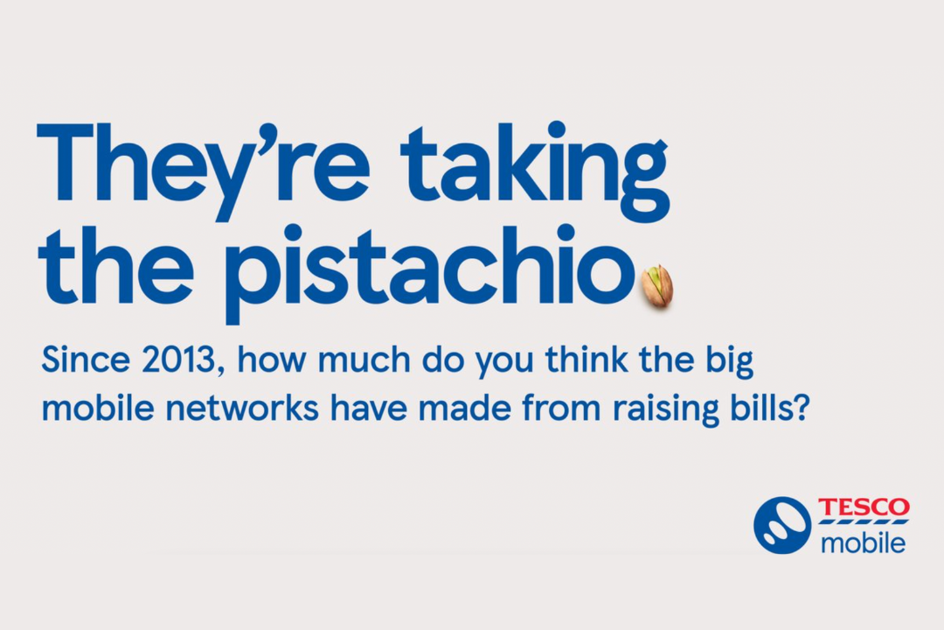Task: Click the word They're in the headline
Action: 203,171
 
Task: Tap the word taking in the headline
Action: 535,171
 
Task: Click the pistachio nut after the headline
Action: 657,286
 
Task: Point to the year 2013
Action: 178,360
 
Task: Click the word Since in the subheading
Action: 86,360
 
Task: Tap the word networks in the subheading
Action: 242,408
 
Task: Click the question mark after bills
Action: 800,408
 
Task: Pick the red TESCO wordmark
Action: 864,507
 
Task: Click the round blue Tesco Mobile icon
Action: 782,525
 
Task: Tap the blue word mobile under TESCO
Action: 864,542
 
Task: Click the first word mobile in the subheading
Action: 98,408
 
